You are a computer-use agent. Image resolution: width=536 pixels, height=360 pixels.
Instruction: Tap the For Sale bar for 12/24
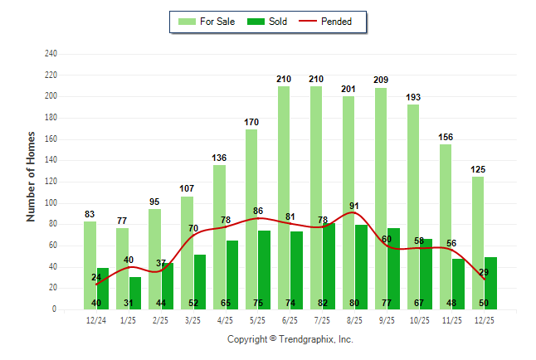(x=90, y=265)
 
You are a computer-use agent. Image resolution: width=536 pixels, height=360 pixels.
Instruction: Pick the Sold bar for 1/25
(x=135, y=292)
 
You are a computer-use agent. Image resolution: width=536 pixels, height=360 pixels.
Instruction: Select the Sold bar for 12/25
(x=491, y=283)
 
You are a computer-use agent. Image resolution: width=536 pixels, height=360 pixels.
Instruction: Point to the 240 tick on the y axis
(x=51, y=54)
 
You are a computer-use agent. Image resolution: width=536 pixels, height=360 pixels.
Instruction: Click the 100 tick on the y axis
(x=51, y=202)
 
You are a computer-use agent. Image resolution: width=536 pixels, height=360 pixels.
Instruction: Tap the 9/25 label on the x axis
(x=387, y=319)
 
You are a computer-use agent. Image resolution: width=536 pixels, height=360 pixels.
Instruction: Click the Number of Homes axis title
(x=31, y=176)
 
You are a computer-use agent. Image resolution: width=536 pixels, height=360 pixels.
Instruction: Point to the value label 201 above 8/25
(x=348, y=89)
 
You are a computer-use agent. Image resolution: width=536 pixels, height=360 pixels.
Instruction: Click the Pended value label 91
(x=354, y=207)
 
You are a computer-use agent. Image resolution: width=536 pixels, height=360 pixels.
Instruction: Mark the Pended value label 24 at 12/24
(x=96, y=278)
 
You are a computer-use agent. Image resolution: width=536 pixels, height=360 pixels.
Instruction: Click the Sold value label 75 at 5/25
(x=258, y=304)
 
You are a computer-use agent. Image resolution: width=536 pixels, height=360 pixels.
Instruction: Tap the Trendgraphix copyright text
(x=290, y=339)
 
